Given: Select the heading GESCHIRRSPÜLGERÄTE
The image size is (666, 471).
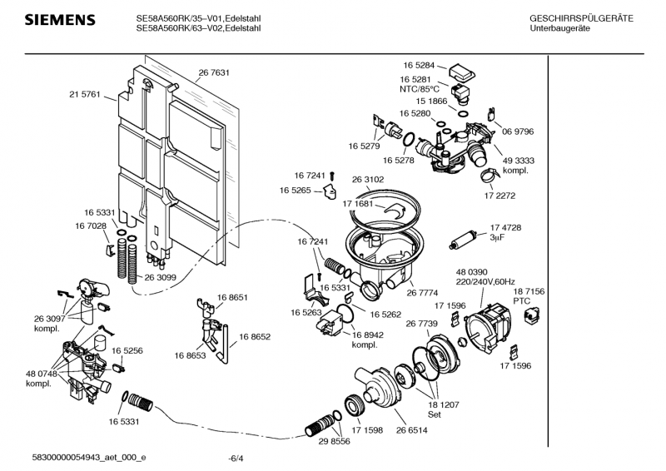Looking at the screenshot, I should click(581, 18).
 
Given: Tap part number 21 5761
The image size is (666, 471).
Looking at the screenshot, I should click(84, 95).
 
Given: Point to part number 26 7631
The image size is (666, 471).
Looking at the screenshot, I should click(214, 73).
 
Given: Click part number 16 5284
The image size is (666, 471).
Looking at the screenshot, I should click(420, 64).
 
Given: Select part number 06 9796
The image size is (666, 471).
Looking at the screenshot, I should click(518, 131).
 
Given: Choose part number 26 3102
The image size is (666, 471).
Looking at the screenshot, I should click(368, 178).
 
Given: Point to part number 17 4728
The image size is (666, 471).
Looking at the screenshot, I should click(505, 227).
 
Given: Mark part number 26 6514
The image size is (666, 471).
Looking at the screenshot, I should click(412, 430).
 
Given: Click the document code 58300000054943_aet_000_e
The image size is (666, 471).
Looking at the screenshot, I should click(89, 457).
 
